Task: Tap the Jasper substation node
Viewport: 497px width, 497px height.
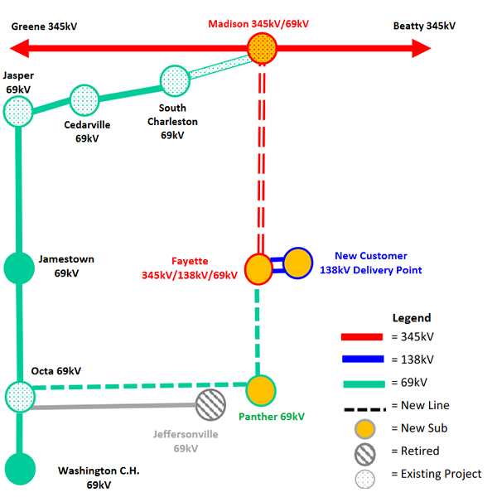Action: point(18,109)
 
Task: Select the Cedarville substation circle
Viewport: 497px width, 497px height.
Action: point(84,99)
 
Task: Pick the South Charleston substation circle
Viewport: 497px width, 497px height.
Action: point(175,80)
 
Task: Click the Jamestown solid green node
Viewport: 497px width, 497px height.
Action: point(18,268)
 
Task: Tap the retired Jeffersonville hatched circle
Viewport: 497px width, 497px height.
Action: point(210,405)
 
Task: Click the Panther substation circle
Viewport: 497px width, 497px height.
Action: point(260,388)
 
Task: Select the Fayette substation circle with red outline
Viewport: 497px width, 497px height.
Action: point(259,268)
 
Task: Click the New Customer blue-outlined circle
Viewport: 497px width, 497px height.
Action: point(297,263)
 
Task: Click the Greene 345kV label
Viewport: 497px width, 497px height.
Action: point(44,26)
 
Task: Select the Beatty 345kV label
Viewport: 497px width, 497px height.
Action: point(424,26)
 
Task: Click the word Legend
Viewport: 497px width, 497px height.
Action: point(412,318)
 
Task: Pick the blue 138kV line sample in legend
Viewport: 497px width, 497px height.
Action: point(362,359)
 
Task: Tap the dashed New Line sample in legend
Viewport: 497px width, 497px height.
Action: point(362,405)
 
